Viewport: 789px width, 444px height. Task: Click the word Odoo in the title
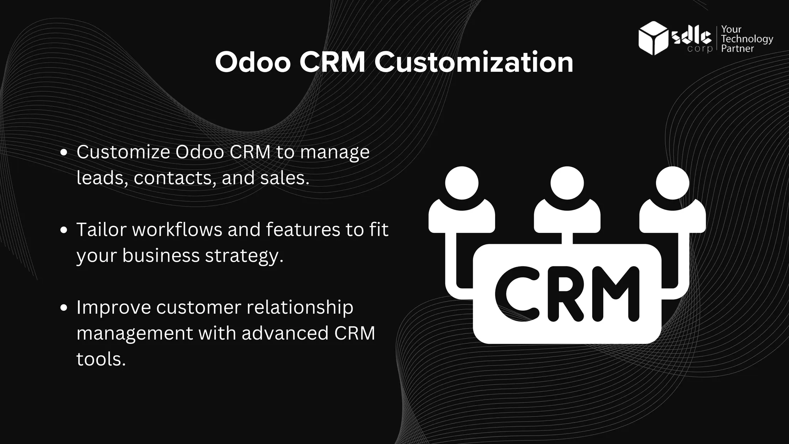(x=253, y=62)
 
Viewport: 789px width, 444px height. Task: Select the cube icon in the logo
(x=653, y=38)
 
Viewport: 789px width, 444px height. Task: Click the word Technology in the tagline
(x=747, y=39)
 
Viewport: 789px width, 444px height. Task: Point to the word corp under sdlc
(x=700, y=49)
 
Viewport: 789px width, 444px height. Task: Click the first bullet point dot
(x=64, y=152)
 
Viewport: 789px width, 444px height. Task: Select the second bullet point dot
(x=64, y=230)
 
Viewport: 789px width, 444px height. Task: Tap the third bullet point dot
(x=64, y=308)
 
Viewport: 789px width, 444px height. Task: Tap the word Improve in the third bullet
(x=113, y=308)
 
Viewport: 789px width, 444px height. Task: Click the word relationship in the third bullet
(x=300, y=308)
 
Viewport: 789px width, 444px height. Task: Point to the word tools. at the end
(x=101, y=359)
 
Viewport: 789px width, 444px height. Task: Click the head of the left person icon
(x=462, y=183)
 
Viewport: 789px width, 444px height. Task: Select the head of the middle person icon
(x=567, y=183)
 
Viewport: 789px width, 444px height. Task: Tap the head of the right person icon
(x=672, y=183)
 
